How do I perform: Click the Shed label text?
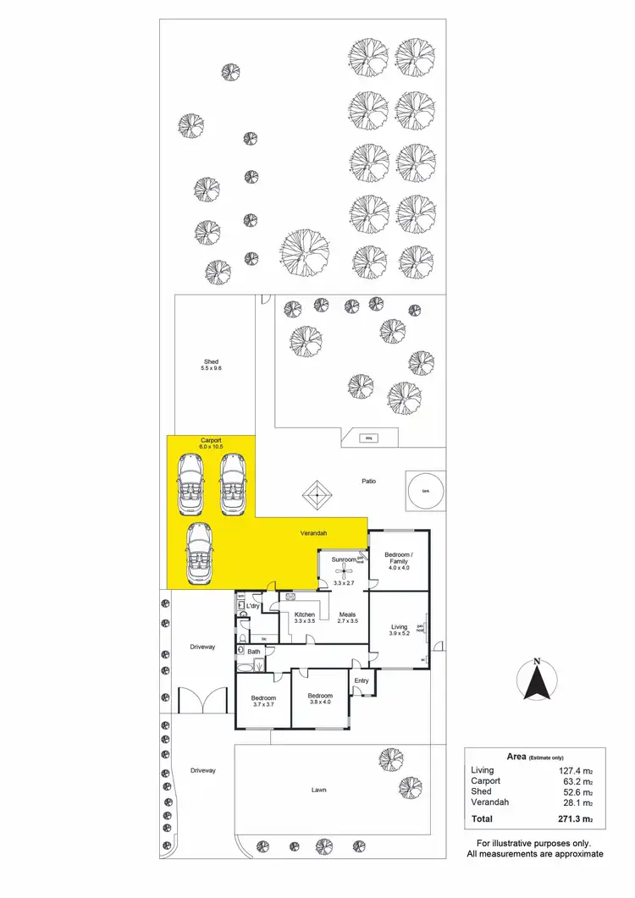pyautogui.click(x=211, y=362)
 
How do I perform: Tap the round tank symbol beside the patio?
pyautogui.click(x=426, y=490)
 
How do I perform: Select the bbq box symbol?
pyautogui.click(x=367, y=438)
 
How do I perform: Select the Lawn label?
pyautogui.click(x=318, y=790)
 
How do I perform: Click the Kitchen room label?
pyautogui.click(x=304, y=614)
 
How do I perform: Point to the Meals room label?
pyautogui.click(x=347, y=614)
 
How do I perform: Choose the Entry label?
pyautogui.click(x=362, y=680)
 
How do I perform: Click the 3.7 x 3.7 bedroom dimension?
pyautogui.click(x=264, y=704)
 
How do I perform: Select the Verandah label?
pyautogui.click(x=313, y=534)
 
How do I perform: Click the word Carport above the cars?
pyautogui.click(x=211, y=441)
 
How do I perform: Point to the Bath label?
pyautogui.click(x=254, y=652)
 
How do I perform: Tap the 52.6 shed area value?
pyautogui.click(x=572, y=791)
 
